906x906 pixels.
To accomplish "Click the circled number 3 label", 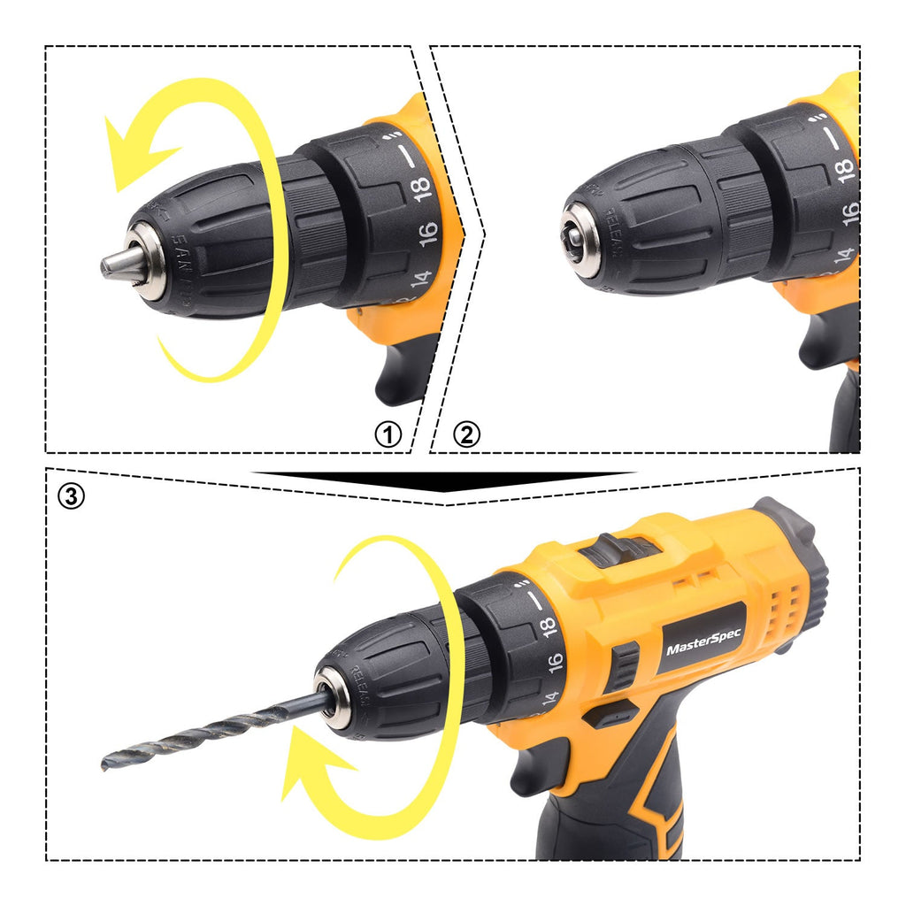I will point(72,496).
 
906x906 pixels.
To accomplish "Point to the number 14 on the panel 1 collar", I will point(419,279).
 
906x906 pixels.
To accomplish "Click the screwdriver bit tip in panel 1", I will point(112,264).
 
